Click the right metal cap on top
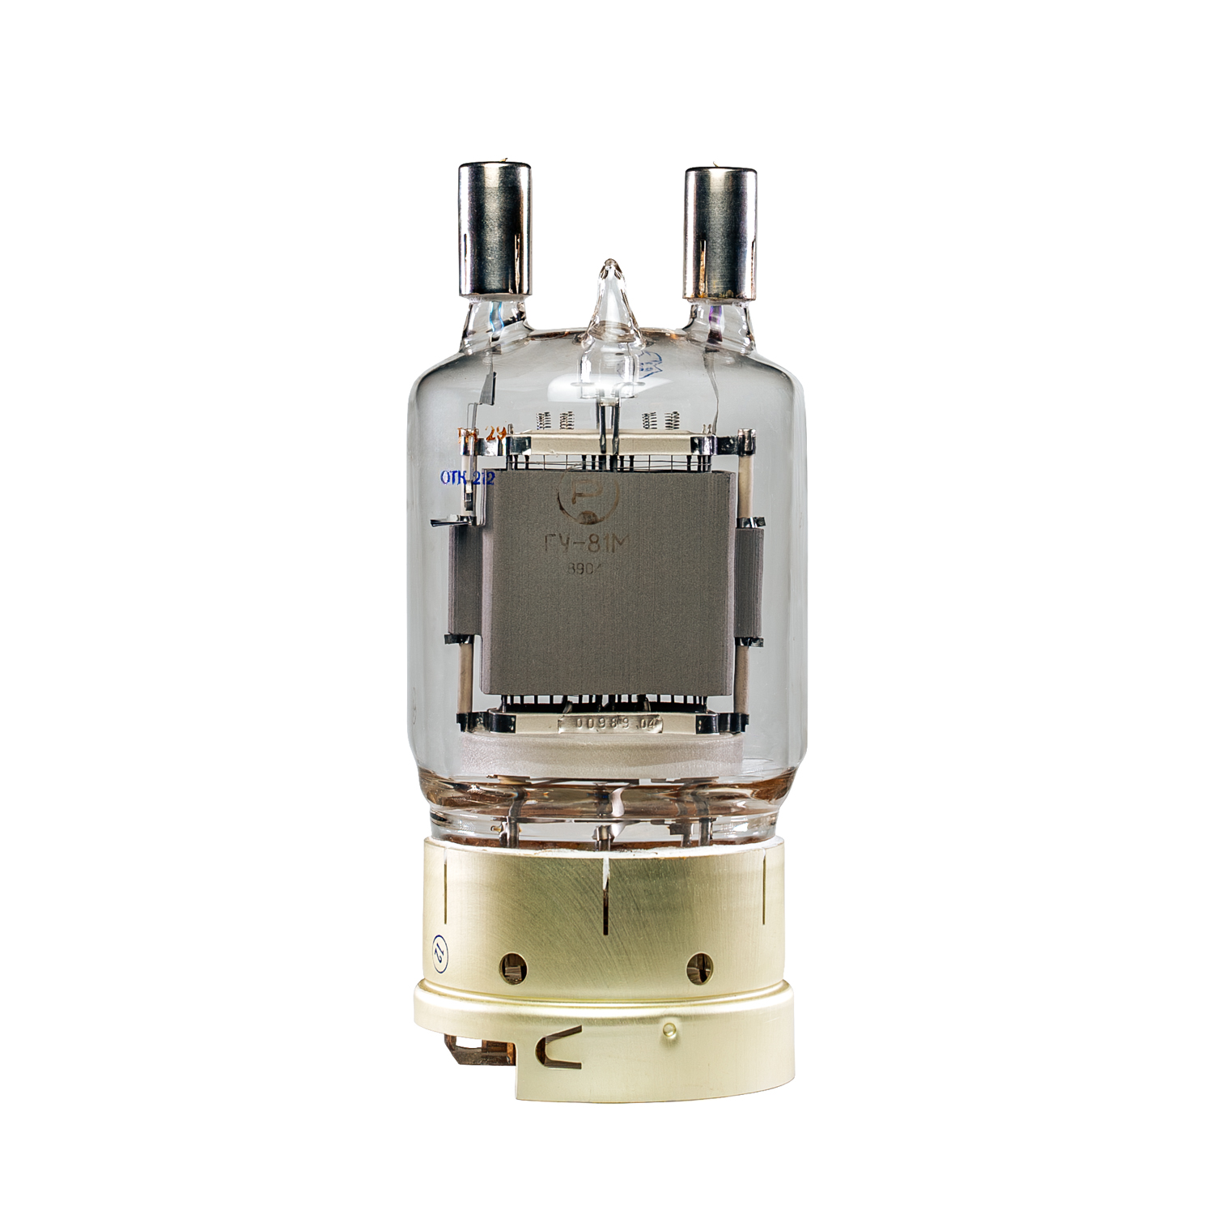click(719, 232)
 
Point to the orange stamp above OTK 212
click(481, 434)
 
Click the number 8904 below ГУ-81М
click(584, 570)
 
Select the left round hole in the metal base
click(512, 965)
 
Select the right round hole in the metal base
click(698, 965)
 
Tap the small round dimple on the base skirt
click(669, 1030)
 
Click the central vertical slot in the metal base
click(605, 899)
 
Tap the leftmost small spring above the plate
click(544, 420)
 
